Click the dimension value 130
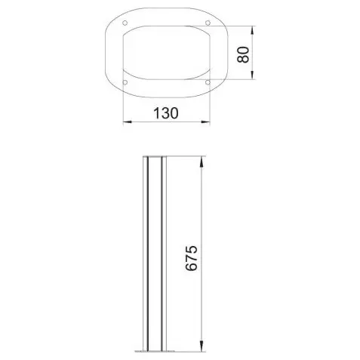[x=166, y=113]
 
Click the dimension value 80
[x=243, y=54]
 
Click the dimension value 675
[x=191, y=258]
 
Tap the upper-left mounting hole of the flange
[x=125, y=23]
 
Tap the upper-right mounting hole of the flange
[x=208, y=23]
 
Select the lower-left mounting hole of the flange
[x=125, y=82]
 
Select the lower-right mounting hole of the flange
[x=208, y=82]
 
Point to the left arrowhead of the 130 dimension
[x=128, y=122]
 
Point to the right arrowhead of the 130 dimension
[x=205, y=122]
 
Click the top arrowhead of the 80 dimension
[x=252, y=30]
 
